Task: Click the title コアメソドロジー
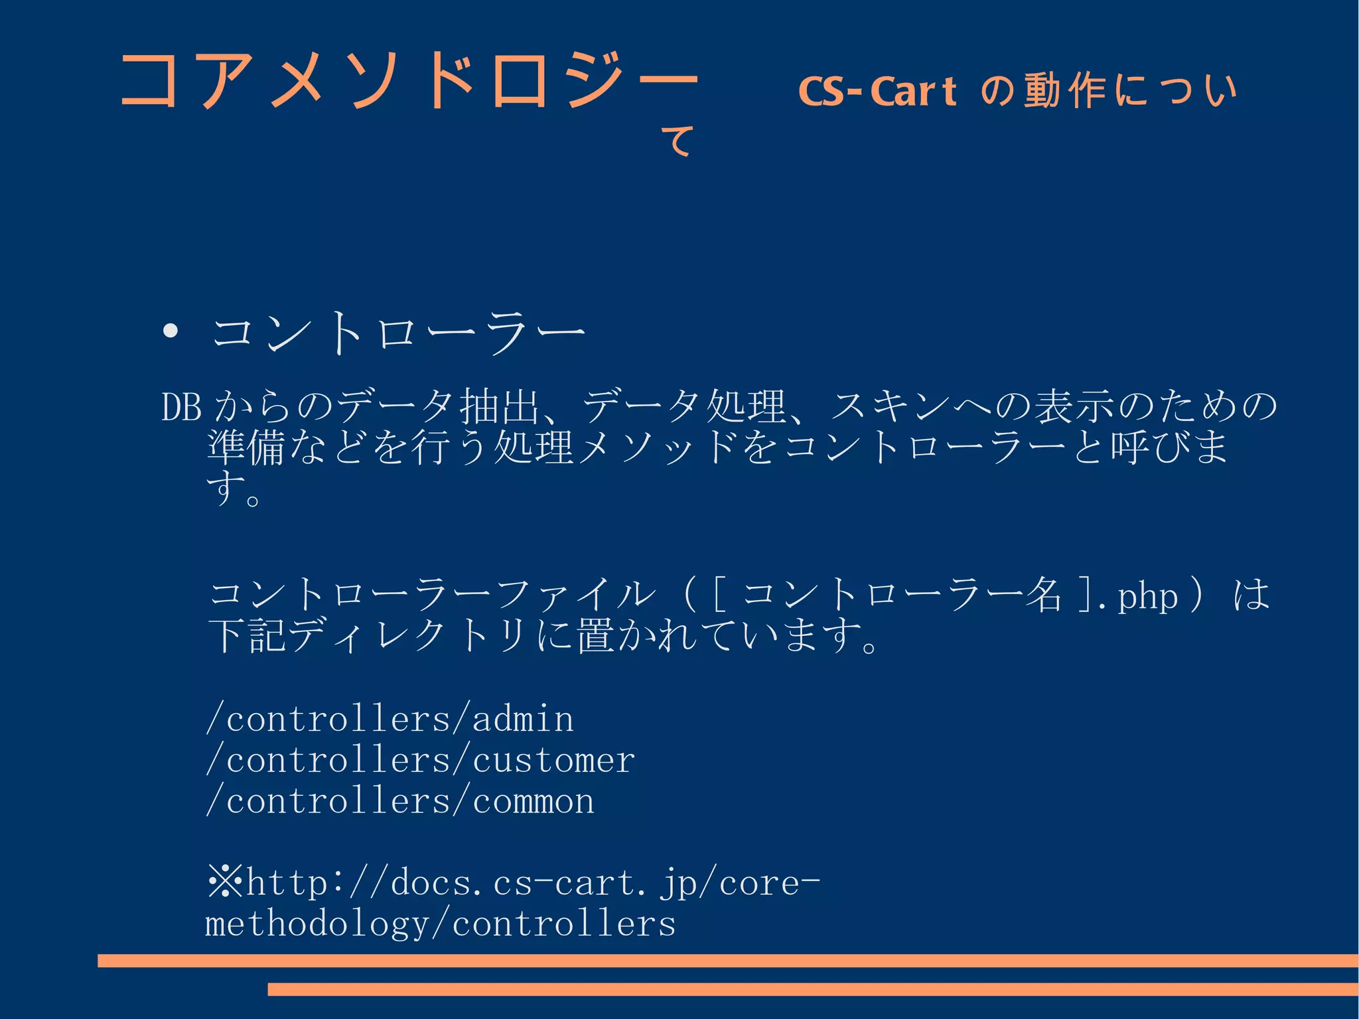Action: [x=408, y=81]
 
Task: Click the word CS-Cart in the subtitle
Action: [x=877, y=92]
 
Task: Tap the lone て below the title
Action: [x=678, y=141]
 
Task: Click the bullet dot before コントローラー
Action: [x=171, y=331]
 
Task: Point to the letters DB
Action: [x=181, y=407]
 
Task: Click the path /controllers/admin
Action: [x=390, y=719]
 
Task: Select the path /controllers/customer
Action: [x=421, y=760]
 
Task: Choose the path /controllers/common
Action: [x=400, y=801]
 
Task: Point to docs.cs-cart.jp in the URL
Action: [x=518, y=884]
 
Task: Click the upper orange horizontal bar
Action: [x=727, y=961]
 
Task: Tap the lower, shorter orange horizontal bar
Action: [x=812, y=989]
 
